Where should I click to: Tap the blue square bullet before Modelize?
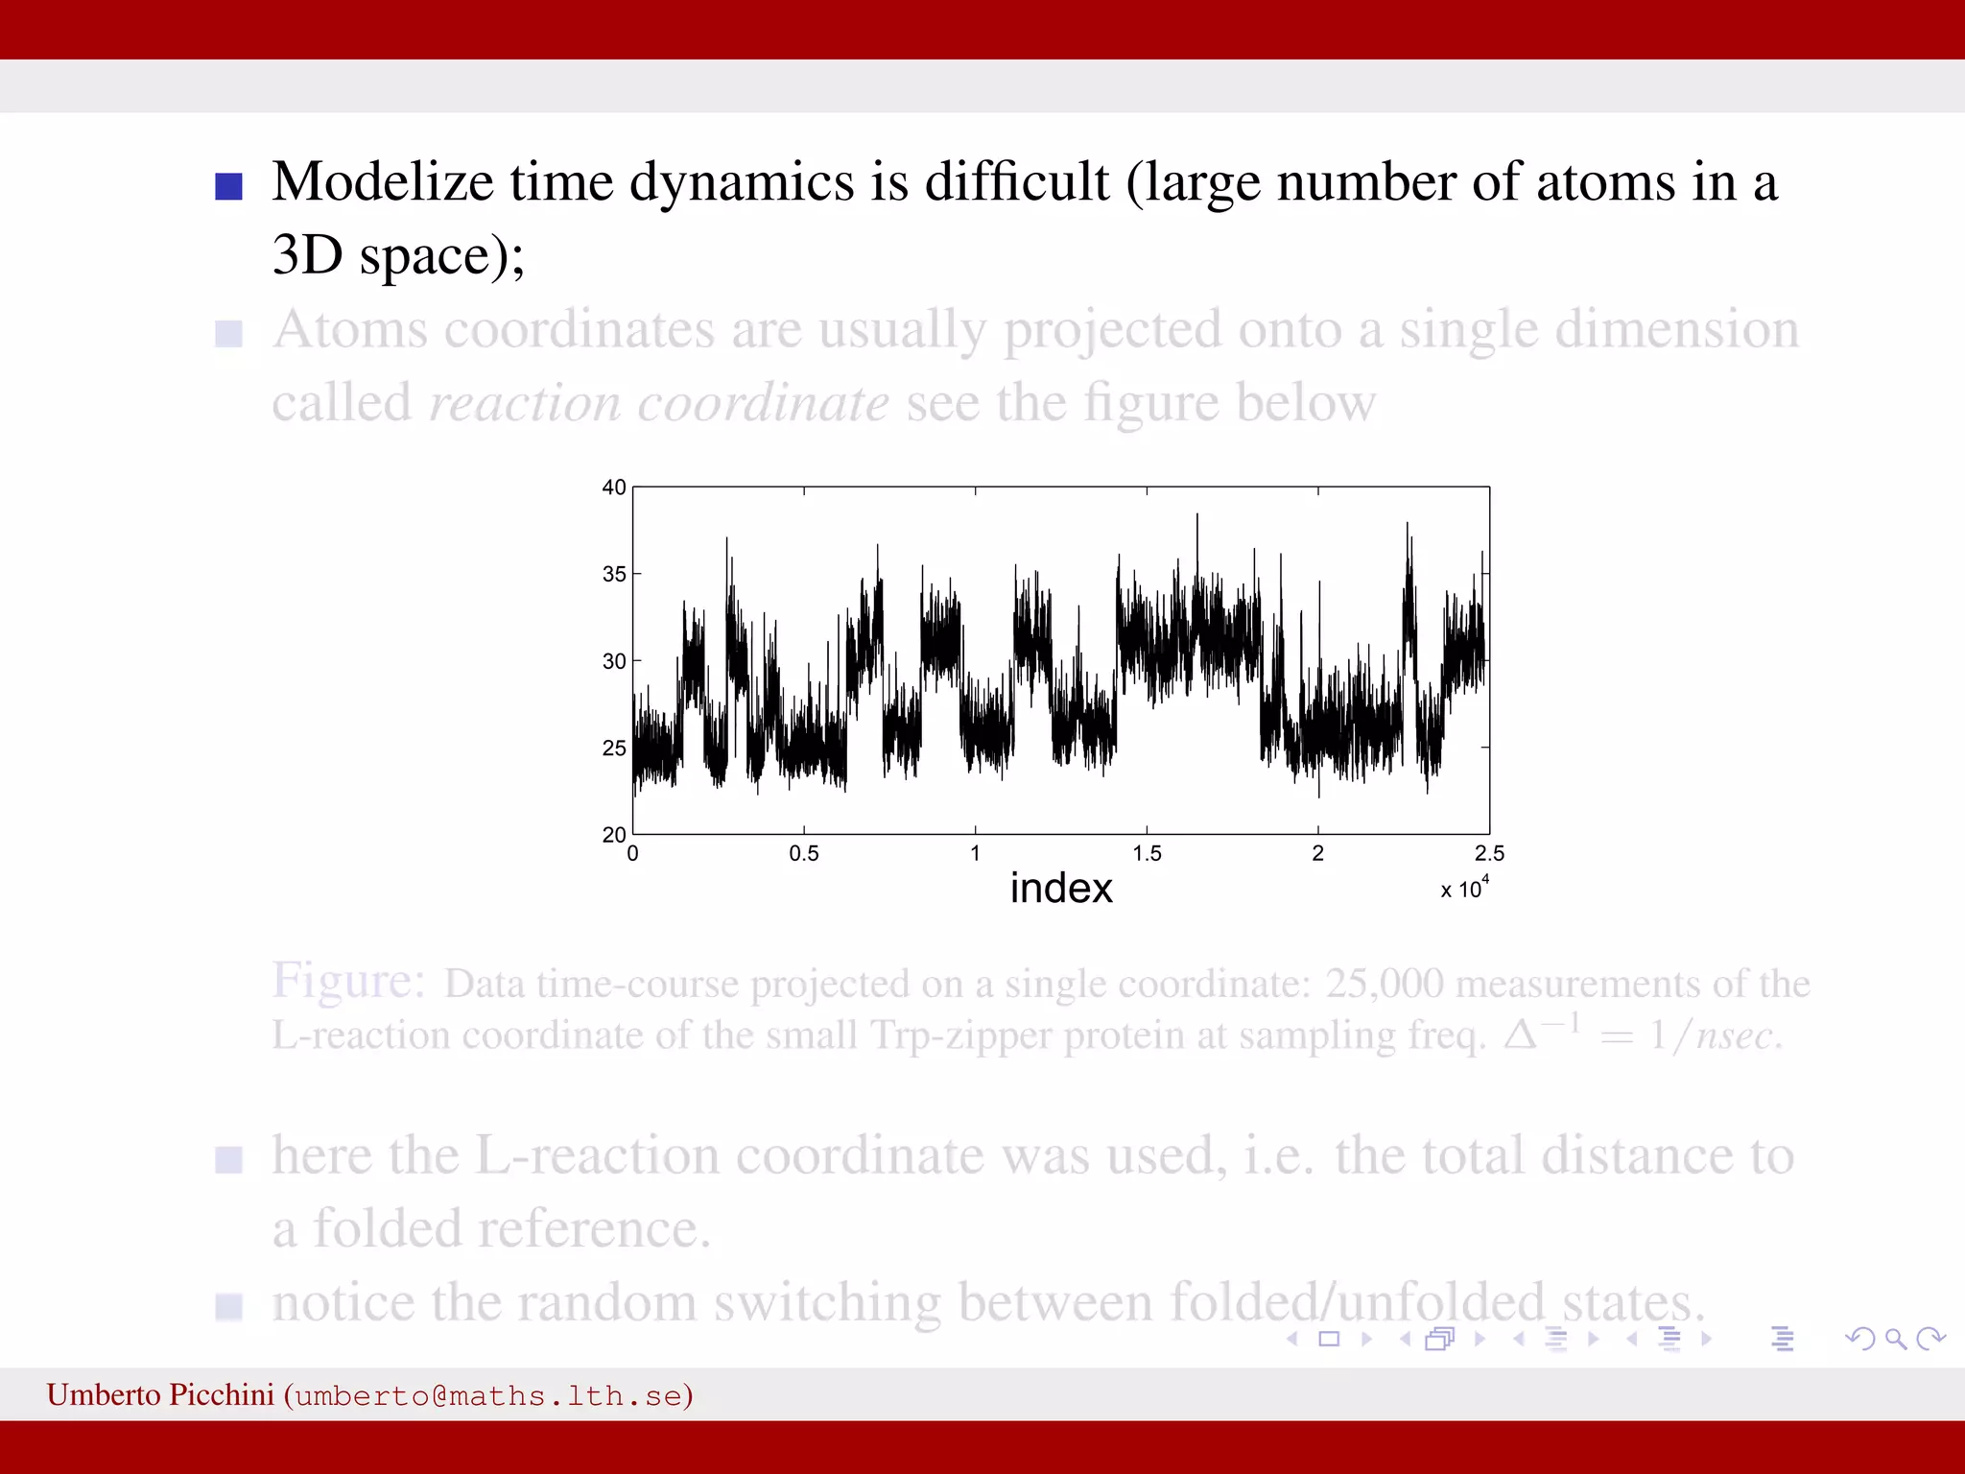pyautogui.click(x=228, y=185)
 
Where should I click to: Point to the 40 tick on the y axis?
pyautogui.click(x=614, y=487)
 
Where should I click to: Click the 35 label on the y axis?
pyautogui.click(x=614, y=574)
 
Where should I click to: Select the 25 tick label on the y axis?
pyautogui.click(x=614, y=748)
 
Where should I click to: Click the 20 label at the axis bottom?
pyautogui.click(x=614, y=834)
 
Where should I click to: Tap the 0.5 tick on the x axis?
pyautogui.click(x=804, y=853)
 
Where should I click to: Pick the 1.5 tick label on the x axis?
pyautogui.click(x=1147, y=853)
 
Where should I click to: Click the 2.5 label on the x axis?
pyautogui.click(x=1489, y=853)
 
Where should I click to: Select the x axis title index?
pyautogui.click(x=1061, y=889)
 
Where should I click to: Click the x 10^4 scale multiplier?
pyautogui.click(x=1464, y=889)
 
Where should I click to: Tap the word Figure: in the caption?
pyautogui.click(x=348, y=982)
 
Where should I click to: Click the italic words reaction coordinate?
pyautogui.click(x=659, y=403)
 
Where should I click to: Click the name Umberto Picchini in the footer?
pyautogui.click(x=160, y=1394)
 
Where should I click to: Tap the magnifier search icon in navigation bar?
pyautogui.click(x=1895, y=1339)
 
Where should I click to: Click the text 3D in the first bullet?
pyautogui.click(x=307, y=255)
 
